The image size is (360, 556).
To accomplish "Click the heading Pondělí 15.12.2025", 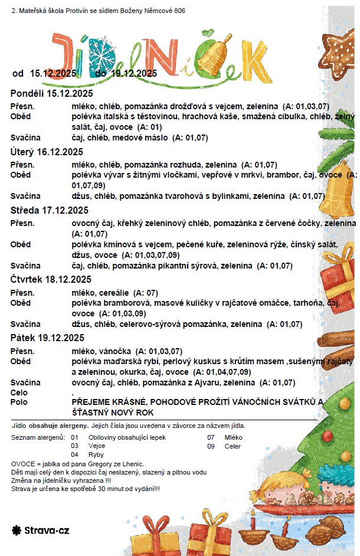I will (52, 94).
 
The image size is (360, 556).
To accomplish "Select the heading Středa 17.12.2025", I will (50, 210).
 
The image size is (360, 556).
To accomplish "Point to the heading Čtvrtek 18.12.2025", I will (51, 279).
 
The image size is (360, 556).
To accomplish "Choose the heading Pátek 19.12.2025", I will (48, 338).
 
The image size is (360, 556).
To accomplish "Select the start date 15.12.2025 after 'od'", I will (53, 73).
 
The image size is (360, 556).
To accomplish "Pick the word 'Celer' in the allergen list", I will (233, 446).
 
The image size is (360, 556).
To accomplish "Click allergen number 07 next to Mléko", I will (211, 437).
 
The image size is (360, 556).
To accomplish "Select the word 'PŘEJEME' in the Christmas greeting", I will (89, 402).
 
